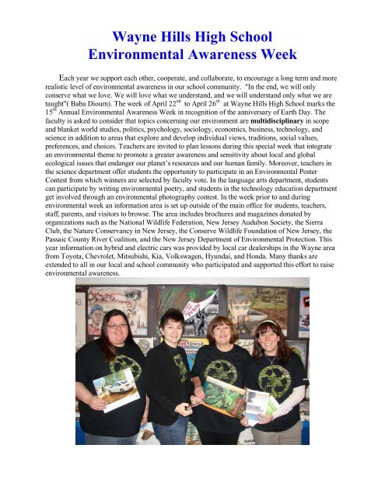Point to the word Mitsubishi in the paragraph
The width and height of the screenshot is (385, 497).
coord(163,262)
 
